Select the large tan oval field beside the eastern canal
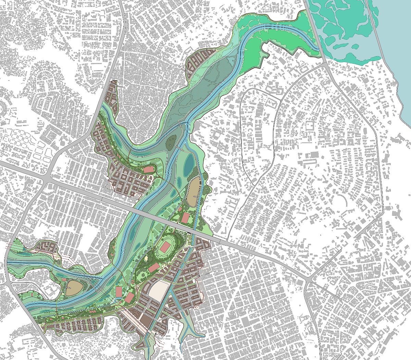point(194,189)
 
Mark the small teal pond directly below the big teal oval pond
point(179,180)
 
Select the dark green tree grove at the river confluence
point(171,141)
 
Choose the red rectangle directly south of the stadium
point(153,268)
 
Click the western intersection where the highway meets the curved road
point(46,178)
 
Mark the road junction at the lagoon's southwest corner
point(325,63)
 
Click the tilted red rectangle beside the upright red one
point(129,297)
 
